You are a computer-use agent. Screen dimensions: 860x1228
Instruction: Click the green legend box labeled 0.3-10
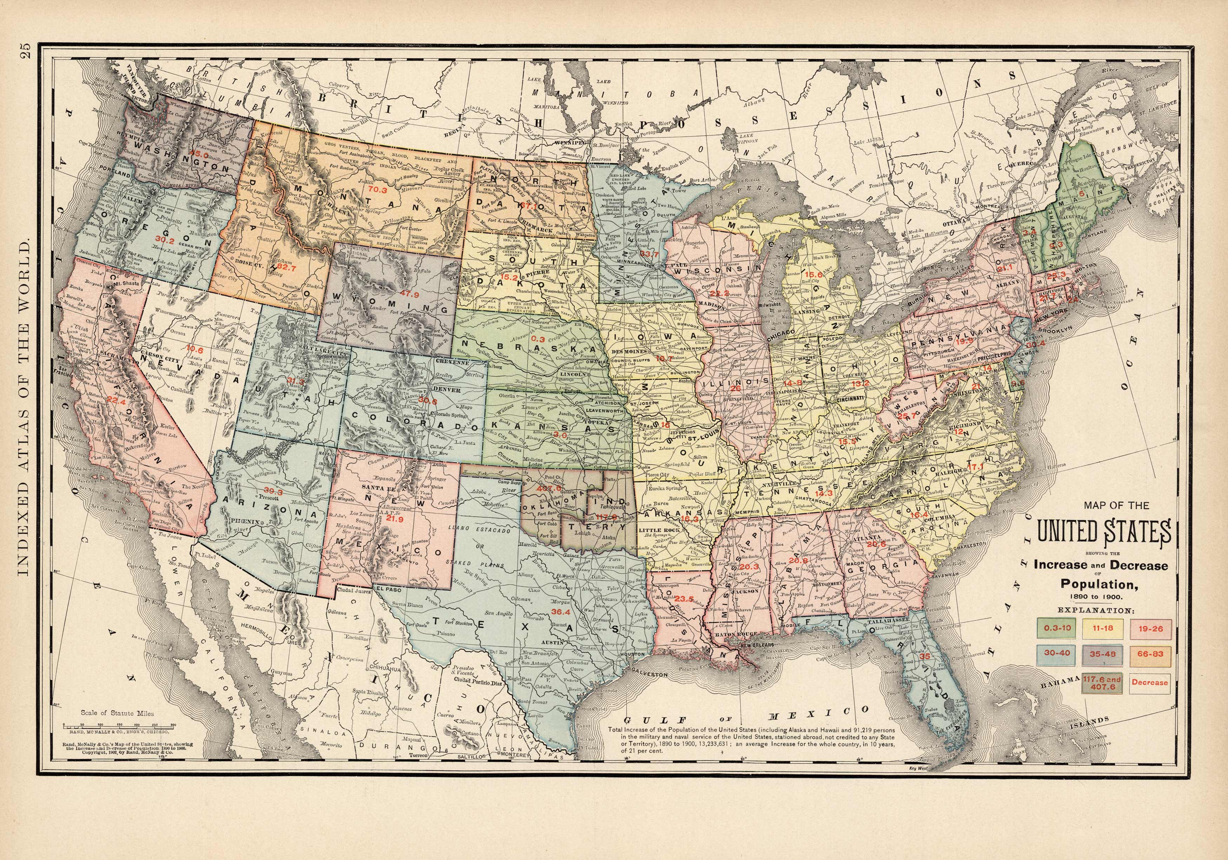(1052, 628)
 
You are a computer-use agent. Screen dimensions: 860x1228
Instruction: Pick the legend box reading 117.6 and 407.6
(1101, 682)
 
